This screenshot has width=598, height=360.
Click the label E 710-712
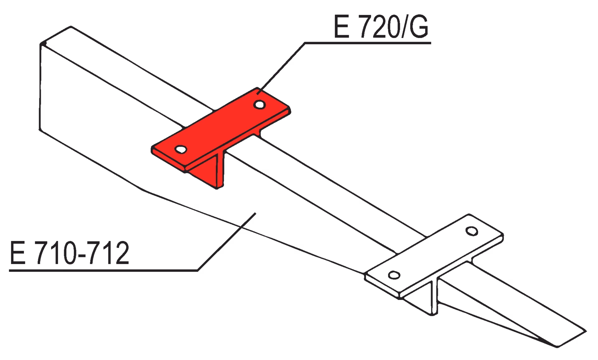[69, 253]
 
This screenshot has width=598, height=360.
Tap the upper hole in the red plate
[259, 104]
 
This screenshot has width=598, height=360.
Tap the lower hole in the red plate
[181, 149]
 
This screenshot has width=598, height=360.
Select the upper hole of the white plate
[472, 231]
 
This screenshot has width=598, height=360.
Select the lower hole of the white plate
[394, 275]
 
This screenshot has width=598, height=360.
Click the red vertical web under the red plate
[207, 170]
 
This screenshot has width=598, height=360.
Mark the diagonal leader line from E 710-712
[227, 242]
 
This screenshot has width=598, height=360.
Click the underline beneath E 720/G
[368, 43]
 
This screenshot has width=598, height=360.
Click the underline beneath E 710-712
[103, 270]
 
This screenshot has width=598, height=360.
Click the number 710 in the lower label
[56, 253]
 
